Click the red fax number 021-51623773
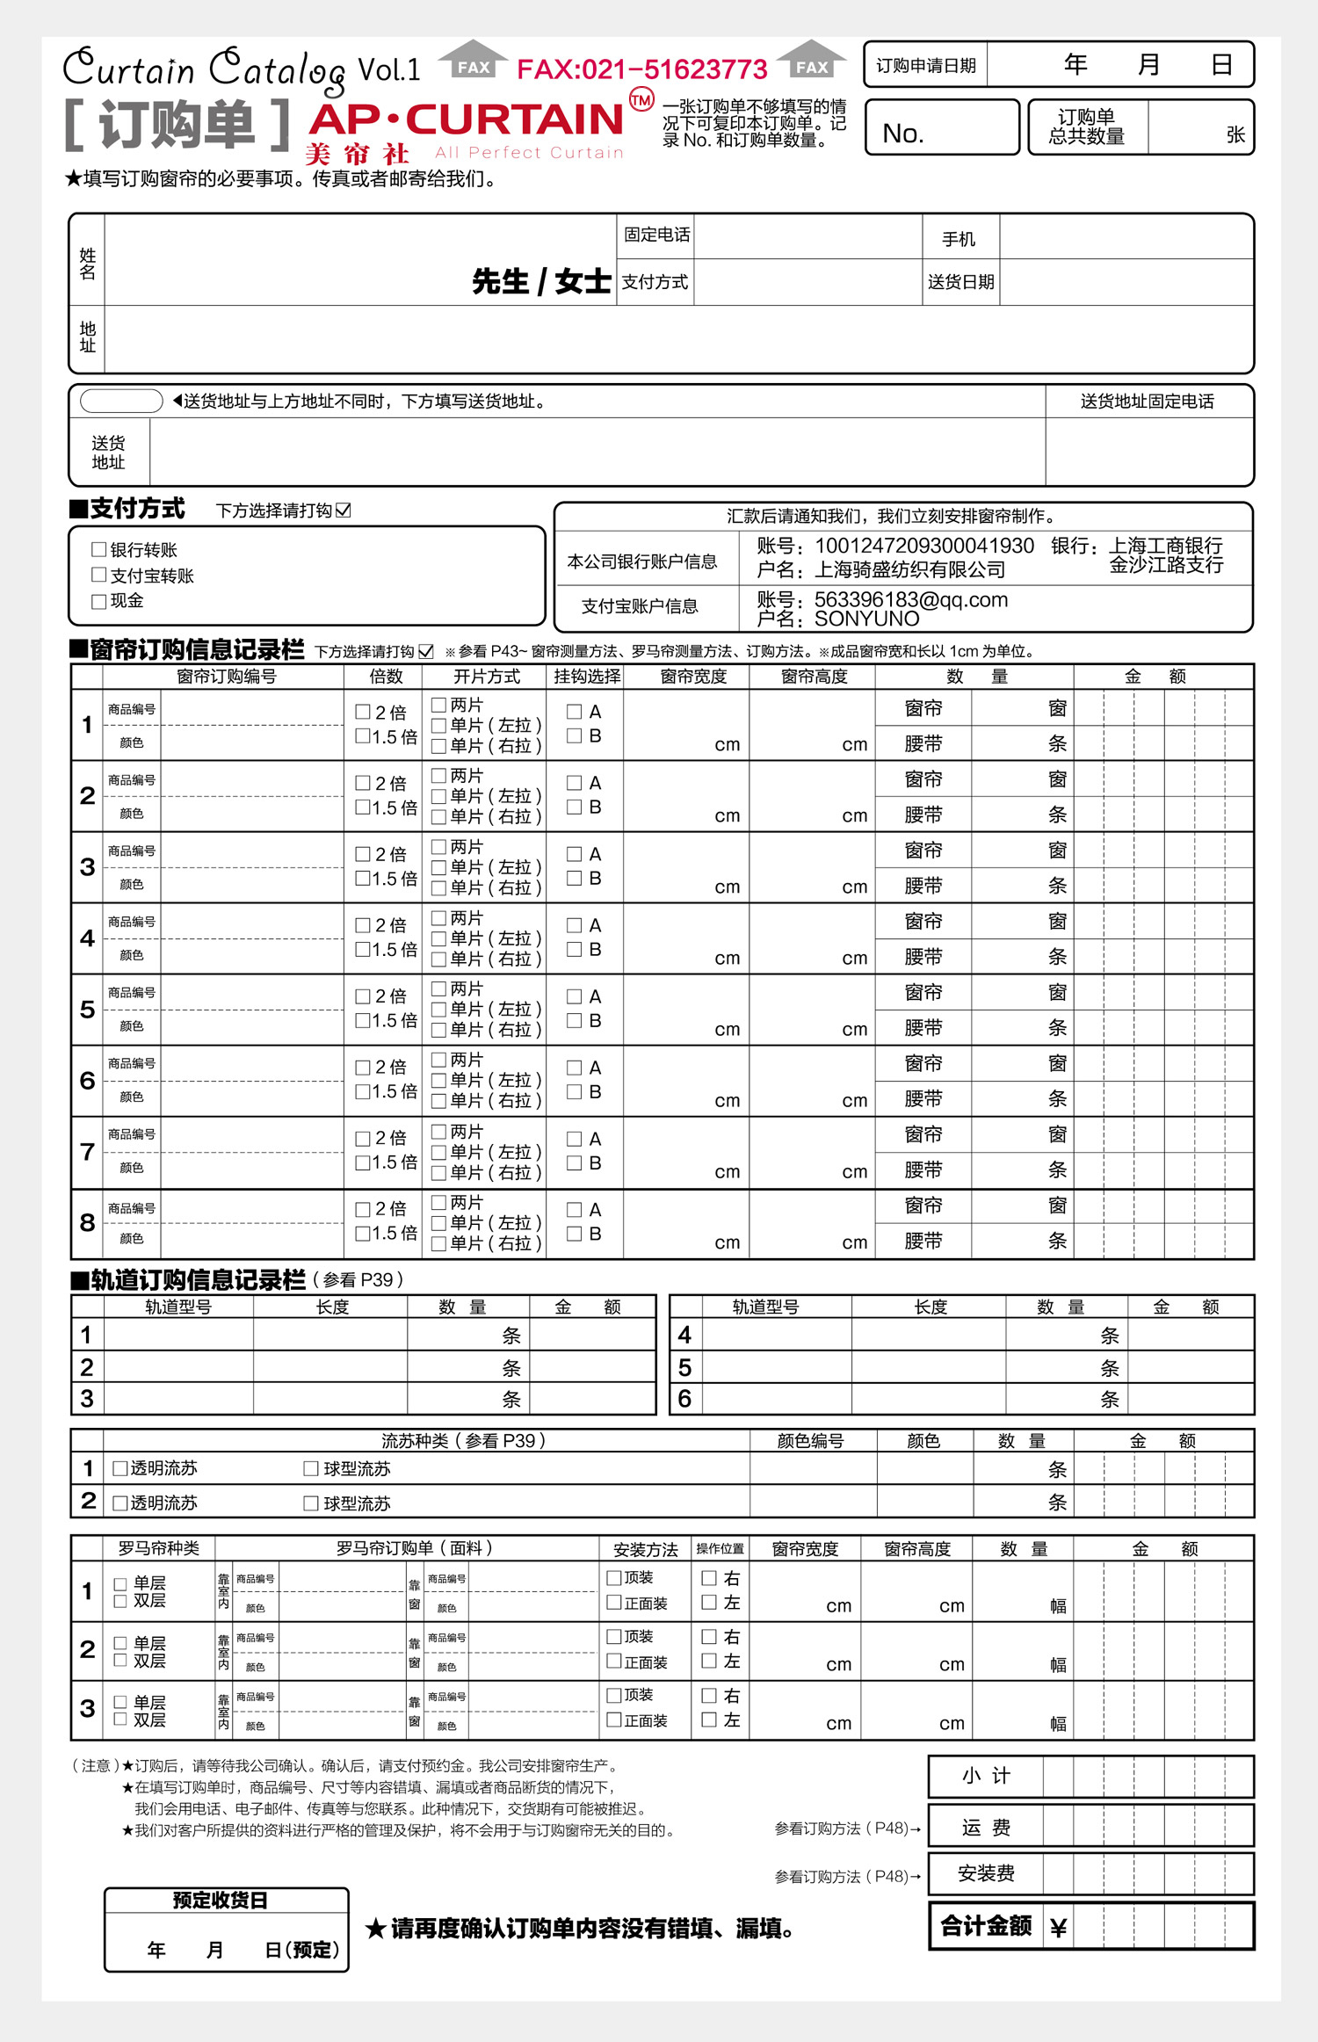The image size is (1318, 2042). [x=642, y=69]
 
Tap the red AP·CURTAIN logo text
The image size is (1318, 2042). [x=467, y=119]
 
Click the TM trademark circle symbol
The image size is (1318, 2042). [x=641, y=100]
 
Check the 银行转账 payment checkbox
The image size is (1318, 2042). [x=99, y=550]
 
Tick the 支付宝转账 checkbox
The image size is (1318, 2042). [x=99, y=575]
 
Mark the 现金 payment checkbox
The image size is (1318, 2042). [x=99, y=601]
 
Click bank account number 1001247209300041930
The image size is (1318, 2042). [x=923, y=546]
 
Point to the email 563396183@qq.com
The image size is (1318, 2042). [x=910, y=600]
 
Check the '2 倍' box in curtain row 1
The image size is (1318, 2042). [x=363, y=712]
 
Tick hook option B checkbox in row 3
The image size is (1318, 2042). [x=575, y=878]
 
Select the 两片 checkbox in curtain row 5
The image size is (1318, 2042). [x=439, y=988]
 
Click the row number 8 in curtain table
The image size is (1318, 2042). [x=87, y=1222]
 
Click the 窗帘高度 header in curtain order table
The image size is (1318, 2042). [x=814, y=677]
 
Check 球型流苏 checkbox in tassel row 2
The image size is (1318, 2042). [x=311, y=1503]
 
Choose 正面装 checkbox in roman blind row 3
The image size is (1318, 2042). [x=615, y=1720]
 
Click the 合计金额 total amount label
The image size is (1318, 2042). [x=986, y=1926]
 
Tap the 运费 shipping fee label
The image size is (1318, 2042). [x=986, y=1828]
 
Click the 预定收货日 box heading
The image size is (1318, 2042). [x=221, y=1901]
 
